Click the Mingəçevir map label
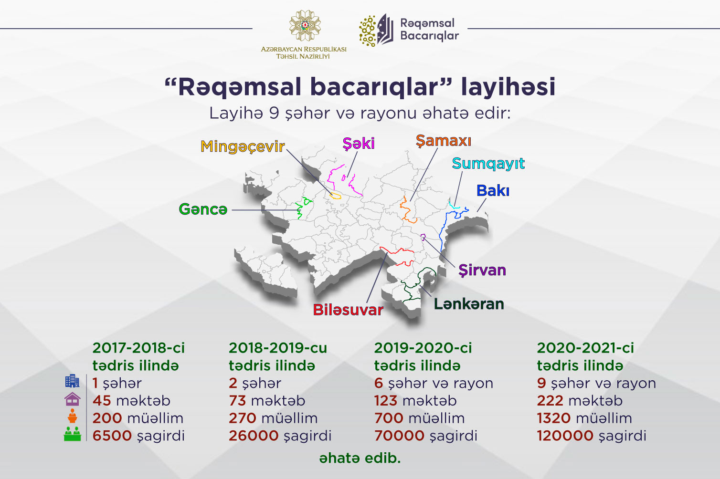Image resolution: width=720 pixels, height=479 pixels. point(243,147)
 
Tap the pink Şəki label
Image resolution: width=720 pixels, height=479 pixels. point(359,144)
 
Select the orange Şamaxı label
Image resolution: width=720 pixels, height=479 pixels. point(444,141)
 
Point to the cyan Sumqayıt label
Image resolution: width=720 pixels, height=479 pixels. point(488,164)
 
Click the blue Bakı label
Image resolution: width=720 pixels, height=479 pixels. point(493,190)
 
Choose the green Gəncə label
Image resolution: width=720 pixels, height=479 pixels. point(203,209)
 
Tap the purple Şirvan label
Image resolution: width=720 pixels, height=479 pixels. point(482,270)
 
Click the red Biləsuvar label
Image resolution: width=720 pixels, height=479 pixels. point(348,310)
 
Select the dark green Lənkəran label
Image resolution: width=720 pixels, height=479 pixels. point(469,304)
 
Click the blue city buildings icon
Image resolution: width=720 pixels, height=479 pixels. point(72,381)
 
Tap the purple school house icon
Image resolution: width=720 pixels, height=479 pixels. point(72,399)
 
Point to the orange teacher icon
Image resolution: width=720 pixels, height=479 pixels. point(72,416)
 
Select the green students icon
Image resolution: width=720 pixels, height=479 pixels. point(72,434)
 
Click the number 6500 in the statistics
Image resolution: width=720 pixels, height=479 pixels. point(112,436)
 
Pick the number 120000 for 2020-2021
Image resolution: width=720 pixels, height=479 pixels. point(565,436)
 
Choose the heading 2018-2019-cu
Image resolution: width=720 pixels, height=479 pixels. point(278,348)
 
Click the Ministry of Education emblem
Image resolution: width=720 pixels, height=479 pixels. point(305,25)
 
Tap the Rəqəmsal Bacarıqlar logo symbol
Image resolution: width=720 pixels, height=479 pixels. point(376,30)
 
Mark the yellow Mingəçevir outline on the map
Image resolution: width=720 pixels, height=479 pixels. point(335,195)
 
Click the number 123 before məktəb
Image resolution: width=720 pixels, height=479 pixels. point(386,401)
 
